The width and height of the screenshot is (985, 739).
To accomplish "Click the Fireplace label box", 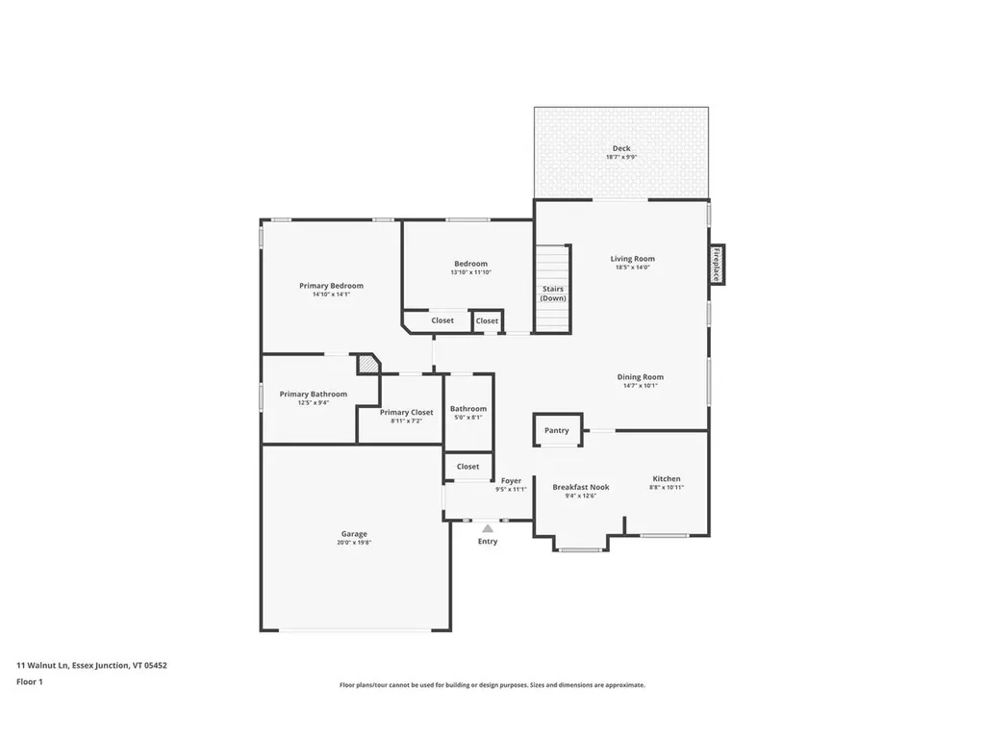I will click(x=717, y=265).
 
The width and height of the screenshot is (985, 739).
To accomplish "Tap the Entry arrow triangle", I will click(x=488, y=528).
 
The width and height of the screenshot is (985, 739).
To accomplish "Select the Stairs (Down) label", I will click(x=553, y=293).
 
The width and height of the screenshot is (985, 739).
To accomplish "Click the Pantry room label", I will click(x=557, y=430).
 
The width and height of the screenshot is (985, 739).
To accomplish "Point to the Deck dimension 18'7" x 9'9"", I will click(x=621, y=157).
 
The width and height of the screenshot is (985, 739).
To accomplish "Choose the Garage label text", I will click(x=354, y=534).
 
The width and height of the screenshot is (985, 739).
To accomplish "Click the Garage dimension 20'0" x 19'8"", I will click(x=354, y=543).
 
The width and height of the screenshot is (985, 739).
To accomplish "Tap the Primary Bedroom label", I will click(x=331, y=286).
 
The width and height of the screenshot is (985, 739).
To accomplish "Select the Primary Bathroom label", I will click(x=314, y=394).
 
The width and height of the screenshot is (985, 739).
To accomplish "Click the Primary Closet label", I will click(x=406, y=412).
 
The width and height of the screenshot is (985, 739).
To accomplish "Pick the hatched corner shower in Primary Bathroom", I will click(x=368, y=364).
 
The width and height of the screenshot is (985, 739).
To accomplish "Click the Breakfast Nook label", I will click(x=580, y=487).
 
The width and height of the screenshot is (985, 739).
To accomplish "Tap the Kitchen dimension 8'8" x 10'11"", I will click(x=667, y=488).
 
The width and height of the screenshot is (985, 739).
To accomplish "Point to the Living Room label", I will click(x=632, y=258).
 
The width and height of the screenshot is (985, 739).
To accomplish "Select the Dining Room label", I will click(x=640, y=377).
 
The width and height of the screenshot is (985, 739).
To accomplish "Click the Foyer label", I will click(x=511, y=480).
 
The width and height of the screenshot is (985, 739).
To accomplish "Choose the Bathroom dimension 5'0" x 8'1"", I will click(x=468, y=418).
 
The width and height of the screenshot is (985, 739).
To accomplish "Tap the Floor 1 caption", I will click(x=30, y=681).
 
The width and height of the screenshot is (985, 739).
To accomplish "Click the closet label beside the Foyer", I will click(x=467, y=467).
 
